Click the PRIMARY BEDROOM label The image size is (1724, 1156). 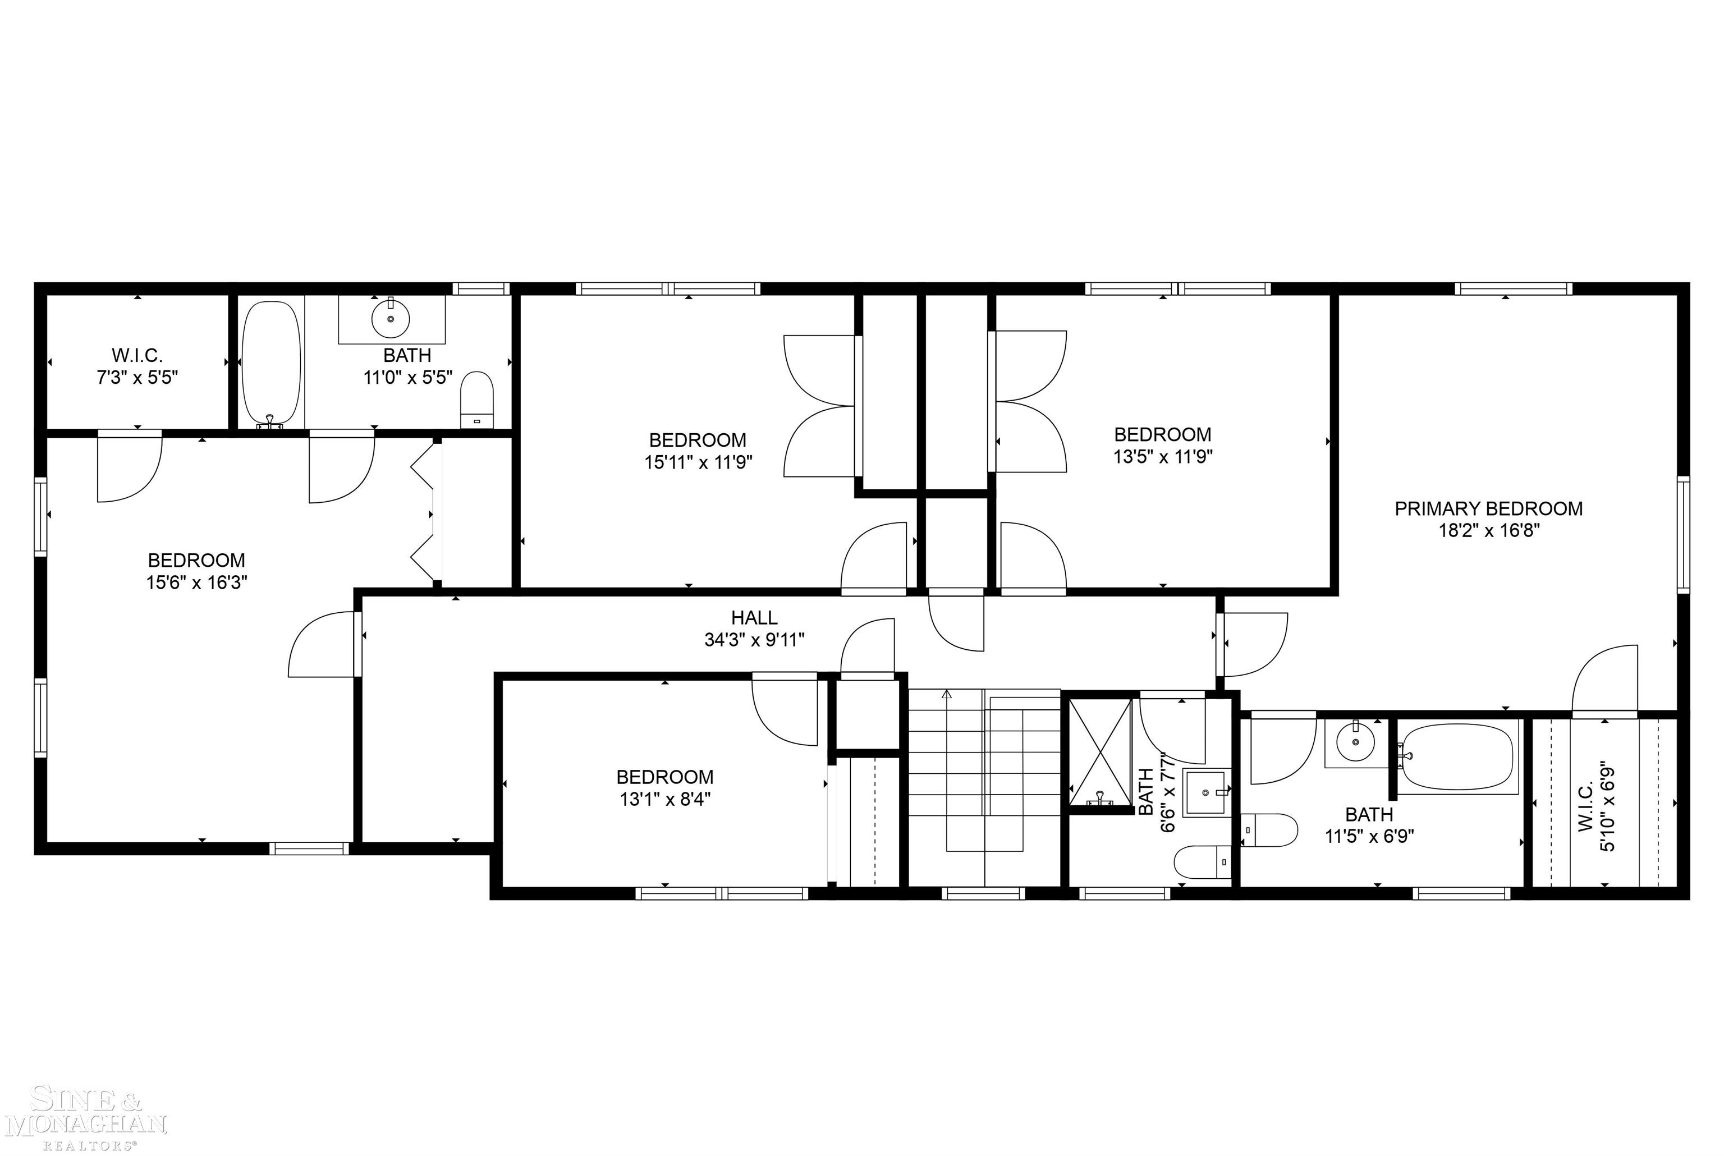point(1488,509)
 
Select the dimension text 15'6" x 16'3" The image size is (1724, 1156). point(196,582)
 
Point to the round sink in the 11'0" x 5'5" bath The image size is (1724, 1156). point(391,319)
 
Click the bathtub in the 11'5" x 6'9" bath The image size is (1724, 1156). point(1457,756)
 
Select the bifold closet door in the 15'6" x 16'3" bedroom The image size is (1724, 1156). point(424,513)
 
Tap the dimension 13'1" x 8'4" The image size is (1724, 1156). point(665,799)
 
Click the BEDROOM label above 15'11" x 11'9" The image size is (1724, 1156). point(697,440)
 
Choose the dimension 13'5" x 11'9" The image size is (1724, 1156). point(1162,456)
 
